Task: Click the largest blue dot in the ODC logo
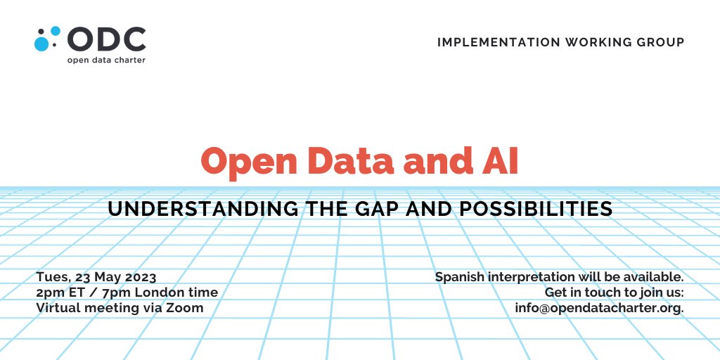tap(42, 44)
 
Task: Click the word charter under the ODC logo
tap(129, 60)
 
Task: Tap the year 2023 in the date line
tap(140, 276)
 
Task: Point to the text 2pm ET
tap(60, 292)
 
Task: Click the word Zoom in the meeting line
tap(186, 307)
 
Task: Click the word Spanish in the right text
tap(458, 276)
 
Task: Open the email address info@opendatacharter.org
tap(598, 307)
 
